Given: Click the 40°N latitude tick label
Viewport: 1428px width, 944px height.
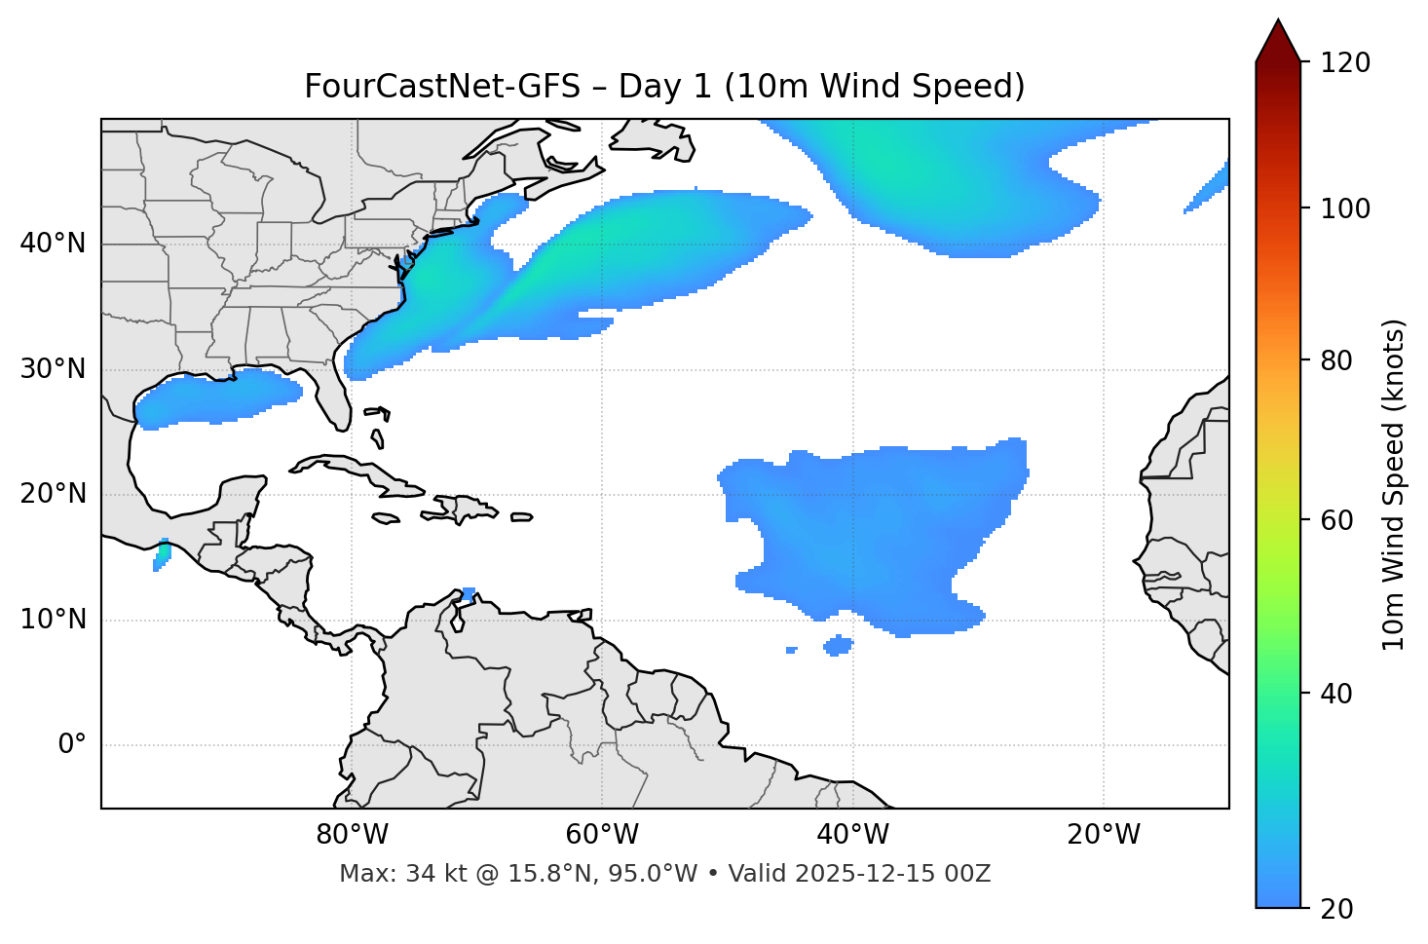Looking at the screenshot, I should [x=53, y=244].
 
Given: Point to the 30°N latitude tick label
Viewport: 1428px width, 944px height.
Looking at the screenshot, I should [x=53, y=369].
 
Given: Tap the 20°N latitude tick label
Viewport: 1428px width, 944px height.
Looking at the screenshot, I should [x=53, y=495].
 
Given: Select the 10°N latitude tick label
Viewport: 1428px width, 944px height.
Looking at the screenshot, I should [x=53, y=620].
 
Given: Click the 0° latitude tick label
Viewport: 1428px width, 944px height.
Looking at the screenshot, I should [x=72, y=745].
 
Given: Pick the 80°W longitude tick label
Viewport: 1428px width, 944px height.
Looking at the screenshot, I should [x=352, y=835].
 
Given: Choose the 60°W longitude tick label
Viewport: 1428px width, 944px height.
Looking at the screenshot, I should [x=602, y=835].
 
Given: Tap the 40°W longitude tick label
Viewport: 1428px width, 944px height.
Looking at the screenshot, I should [x=852, y=835].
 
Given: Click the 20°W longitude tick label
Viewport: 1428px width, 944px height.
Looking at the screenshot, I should [x=1103, y=835].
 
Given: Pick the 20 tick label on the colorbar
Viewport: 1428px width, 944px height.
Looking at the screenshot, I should [x=1336, y=909].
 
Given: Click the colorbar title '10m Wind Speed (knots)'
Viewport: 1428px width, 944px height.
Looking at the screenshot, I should [x=1394, y=484].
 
